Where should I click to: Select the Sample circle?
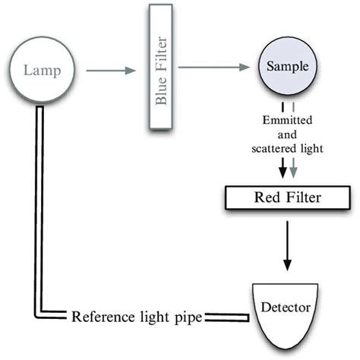point(287,66)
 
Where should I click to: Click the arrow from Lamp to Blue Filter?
point(111,71)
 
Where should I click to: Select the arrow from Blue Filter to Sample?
point(214,68)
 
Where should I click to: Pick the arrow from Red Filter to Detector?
point(287,246)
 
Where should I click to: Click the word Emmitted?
point(287,120)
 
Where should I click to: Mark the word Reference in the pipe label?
point(103,317)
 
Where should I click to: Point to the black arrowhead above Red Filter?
point(283,172)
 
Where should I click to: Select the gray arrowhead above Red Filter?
point(293,172)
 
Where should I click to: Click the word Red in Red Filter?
point(267,197)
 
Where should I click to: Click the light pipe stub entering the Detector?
point(227,317)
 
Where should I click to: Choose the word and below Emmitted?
point(287,134)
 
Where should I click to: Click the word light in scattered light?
point(312,150)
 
